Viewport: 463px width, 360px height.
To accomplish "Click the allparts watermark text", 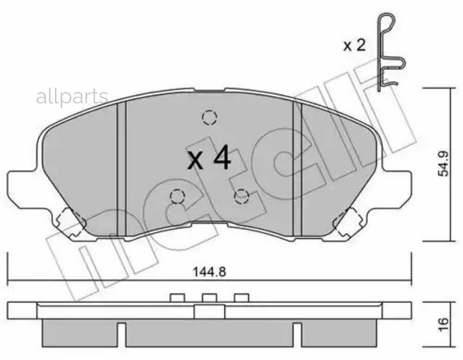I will point(72,96).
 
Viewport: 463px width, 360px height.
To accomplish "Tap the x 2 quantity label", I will point(354,46).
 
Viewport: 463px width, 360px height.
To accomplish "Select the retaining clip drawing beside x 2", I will point(388,51).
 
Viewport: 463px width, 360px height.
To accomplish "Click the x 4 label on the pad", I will point(209,159).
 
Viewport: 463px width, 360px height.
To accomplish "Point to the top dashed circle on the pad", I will point(209,118).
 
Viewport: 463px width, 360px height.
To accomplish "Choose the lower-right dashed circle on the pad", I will point(241,196).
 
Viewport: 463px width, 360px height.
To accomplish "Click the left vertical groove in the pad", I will point(121,170).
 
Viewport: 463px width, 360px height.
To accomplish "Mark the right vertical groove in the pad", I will point(297,170).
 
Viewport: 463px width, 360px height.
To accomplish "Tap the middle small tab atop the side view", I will point(209,297).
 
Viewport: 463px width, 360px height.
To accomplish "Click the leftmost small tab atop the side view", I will point(177,297).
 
